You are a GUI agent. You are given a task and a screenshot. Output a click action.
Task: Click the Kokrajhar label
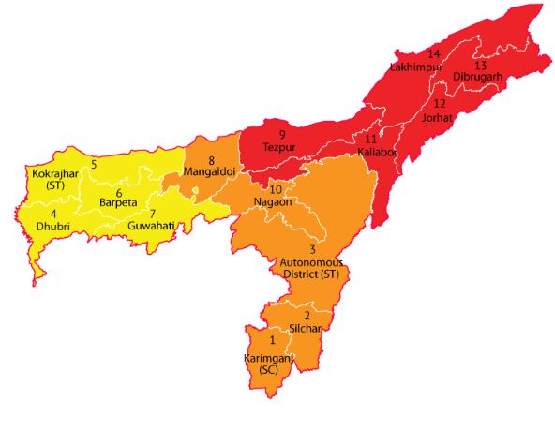coord(46,175)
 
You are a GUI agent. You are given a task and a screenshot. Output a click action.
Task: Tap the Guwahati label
coord(151,227)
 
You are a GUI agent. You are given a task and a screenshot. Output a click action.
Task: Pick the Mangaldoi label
coord(209,172)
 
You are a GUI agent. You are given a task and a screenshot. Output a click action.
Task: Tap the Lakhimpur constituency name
coord(414,67)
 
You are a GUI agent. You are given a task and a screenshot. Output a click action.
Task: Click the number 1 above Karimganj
coord(273,340)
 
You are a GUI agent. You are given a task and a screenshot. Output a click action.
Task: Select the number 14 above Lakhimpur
coord(433,53)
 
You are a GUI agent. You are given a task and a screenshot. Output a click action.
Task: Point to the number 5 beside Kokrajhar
coord(94,165)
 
